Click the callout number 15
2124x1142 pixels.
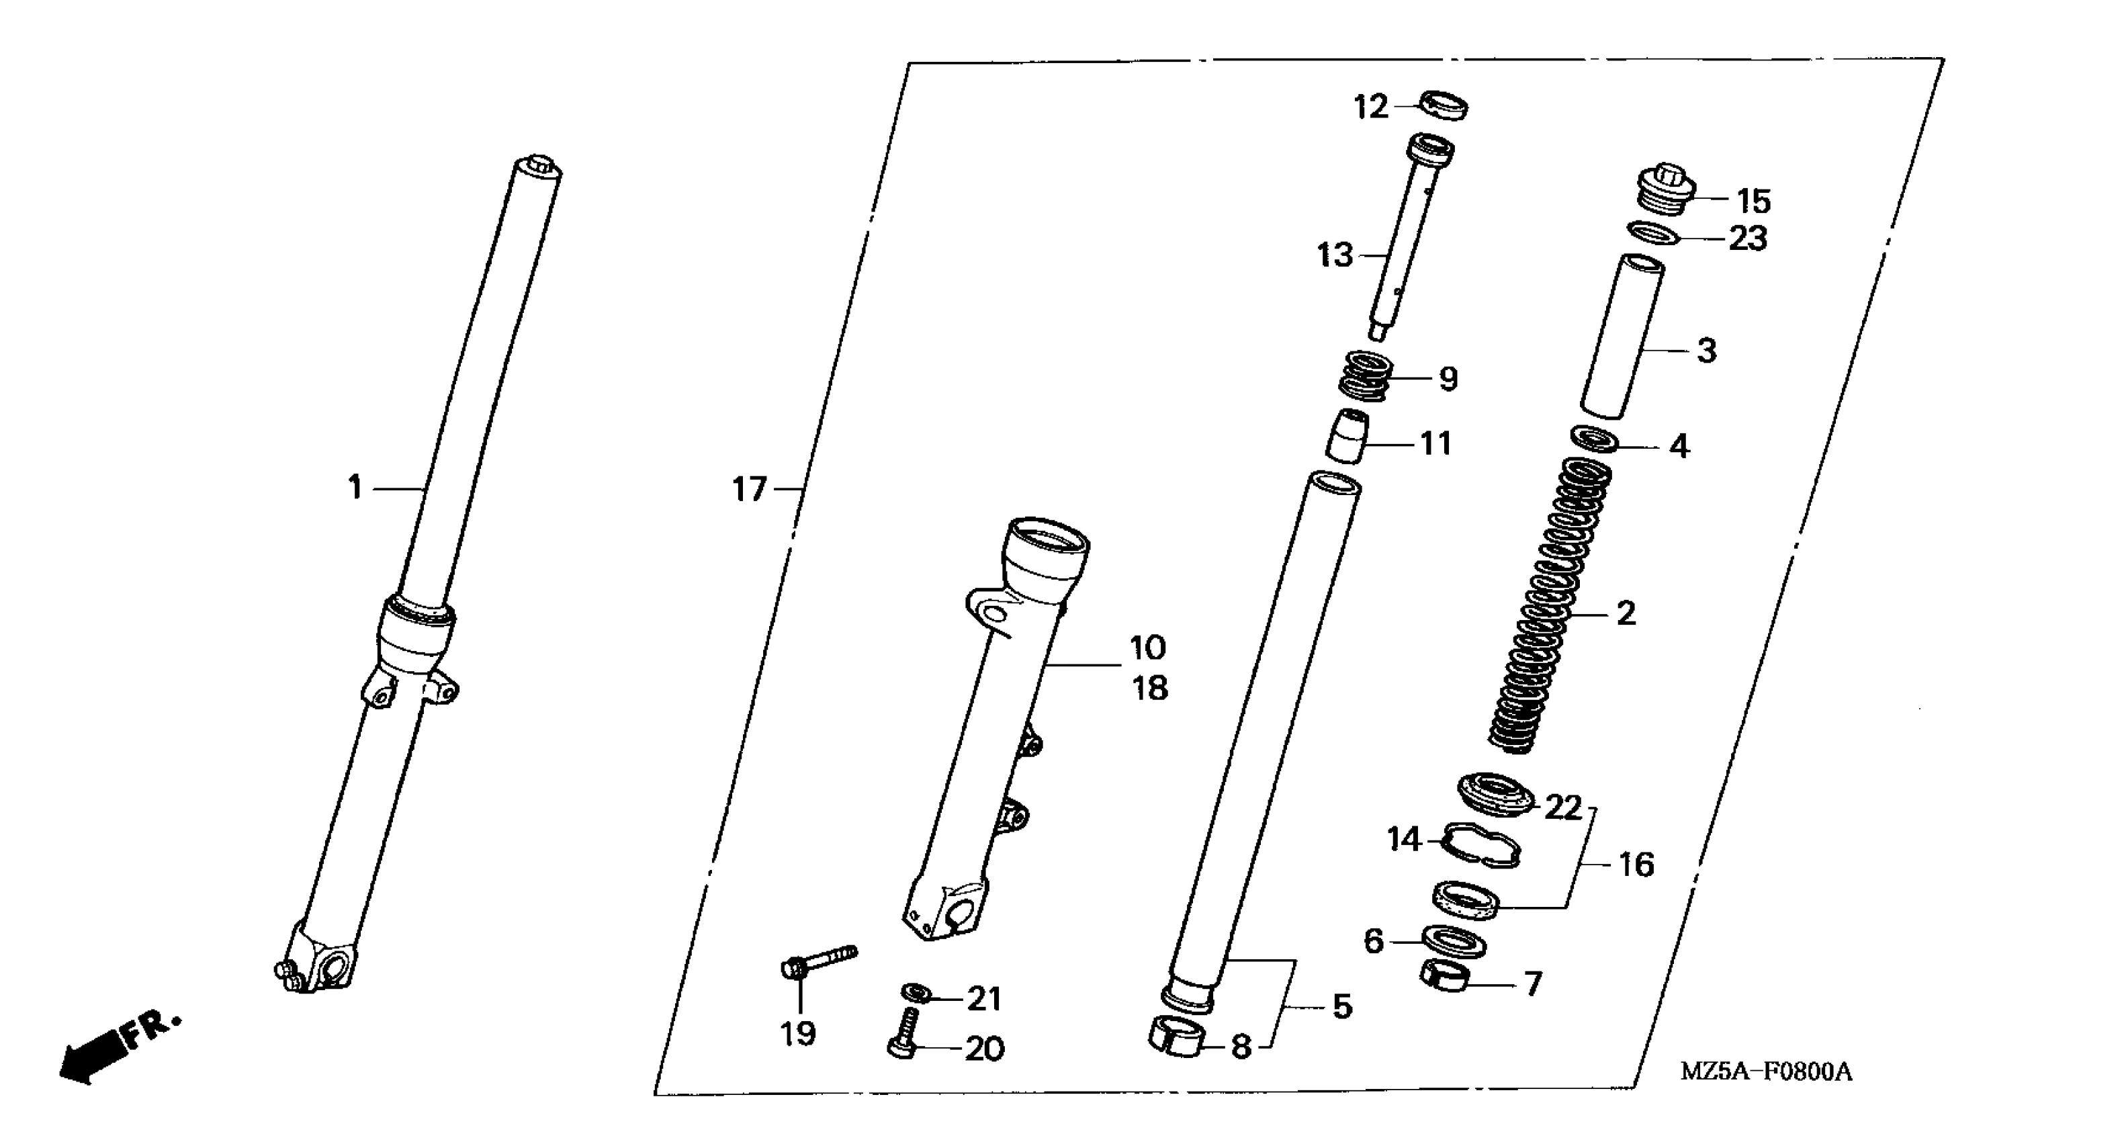[x=1754, y=200]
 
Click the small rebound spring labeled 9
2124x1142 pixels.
[x=1366, y=377]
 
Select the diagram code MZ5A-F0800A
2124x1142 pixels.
[x=1766, y=1072]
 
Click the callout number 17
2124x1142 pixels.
[x=750, y=490]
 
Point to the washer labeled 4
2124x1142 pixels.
[x=1595, y=439]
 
